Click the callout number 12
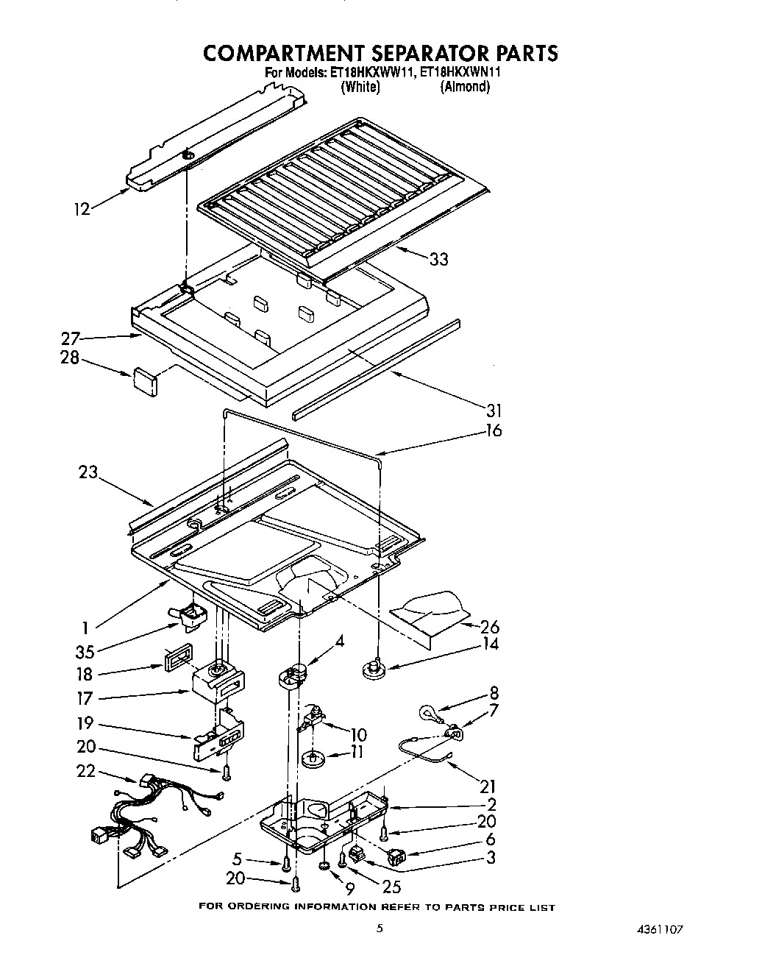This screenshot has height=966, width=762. click(x=81, y=209)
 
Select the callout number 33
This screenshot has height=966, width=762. click(x=438, y=259)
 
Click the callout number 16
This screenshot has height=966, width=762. click(x=494, y=430)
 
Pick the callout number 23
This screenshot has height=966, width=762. click(x=88, y=472)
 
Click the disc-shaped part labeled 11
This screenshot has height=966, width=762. click(x=314, y=758)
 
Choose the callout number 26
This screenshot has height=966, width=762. click(x=489, y=627)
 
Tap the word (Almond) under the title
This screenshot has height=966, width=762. click(x=465, y=87)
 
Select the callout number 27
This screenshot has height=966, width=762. click(x=70, y=339)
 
